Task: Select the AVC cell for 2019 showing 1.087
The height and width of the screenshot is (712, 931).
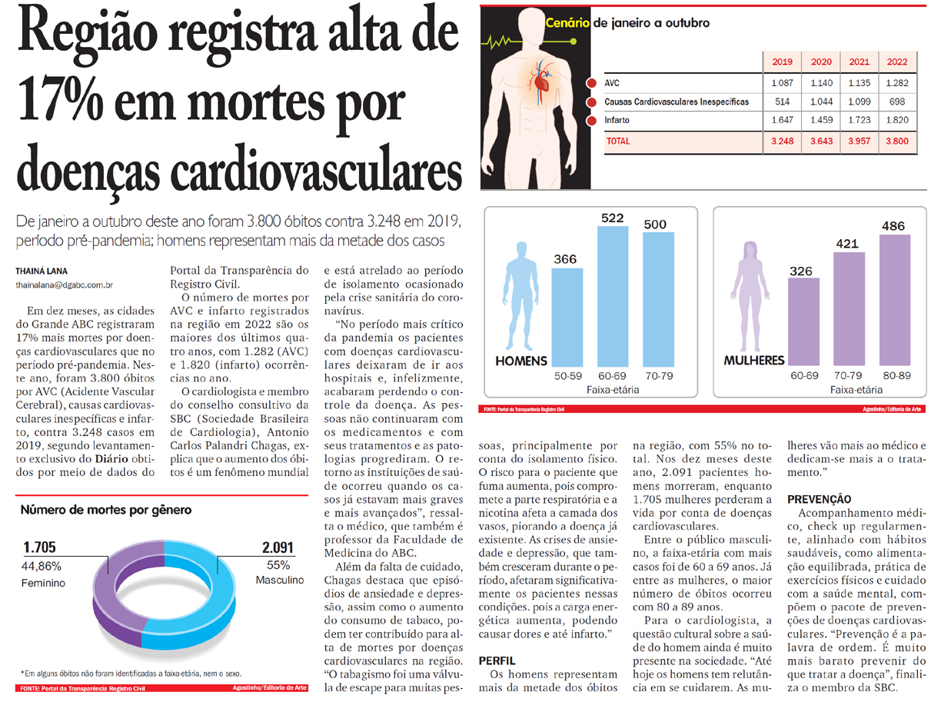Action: (x=782, y=83)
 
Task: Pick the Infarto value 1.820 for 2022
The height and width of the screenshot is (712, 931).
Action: (x=896, y=121)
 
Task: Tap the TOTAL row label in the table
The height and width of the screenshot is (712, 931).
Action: (x=618, y=141)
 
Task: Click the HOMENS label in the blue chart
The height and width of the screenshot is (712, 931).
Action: (x=521, y=361)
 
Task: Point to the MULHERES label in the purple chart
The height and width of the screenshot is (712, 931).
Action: (x=753, y=361)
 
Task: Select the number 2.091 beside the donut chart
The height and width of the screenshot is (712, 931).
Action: (x=278, y=548)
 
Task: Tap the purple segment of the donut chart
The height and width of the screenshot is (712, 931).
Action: (x=115, y=584)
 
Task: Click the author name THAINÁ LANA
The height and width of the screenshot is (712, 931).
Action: (x=39, y=271)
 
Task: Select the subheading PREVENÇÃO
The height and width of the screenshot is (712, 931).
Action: (x=819, y=500)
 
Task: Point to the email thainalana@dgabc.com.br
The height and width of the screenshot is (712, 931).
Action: (x=65, y=286)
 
